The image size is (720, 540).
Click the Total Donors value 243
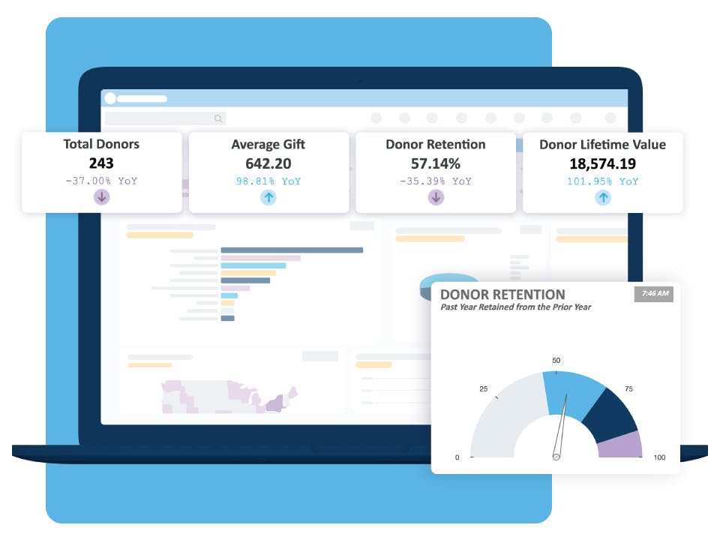pos(102,163)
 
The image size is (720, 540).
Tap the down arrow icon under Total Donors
pos(102,197)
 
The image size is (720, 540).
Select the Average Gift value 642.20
pos(268,163)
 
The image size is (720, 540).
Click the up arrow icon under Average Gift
pos(268,197)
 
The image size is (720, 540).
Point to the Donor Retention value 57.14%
pos(436,163)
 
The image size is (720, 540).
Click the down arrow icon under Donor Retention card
pos(436,197)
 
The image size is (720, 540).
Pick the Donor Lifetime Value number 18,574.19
pos(603,163)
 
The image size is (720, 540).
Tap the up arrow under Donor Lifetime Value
pos(603,197)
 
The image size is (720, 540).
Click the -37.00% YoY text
pos(102,181)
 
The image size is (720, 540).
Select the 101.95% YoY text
pos(603,181)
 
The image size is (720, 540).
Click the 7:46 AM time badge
pos(654,293)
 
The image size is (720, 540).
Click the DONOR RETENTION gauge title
pos(502,295)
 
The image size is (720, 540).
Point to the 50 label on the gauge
pos(556,361)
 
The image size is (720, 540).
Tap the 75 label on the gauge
pos(628,389)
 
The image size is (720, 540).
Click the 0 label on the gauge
pos(457,457)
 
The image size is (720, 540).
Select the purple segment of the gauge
pos(620,445)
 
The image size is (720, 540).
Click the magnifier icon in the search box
pos(218,118)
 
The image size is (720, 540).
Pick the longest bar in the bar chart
pos(292,250)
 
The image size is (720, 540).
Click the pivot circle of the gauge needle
pos(556,456)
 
